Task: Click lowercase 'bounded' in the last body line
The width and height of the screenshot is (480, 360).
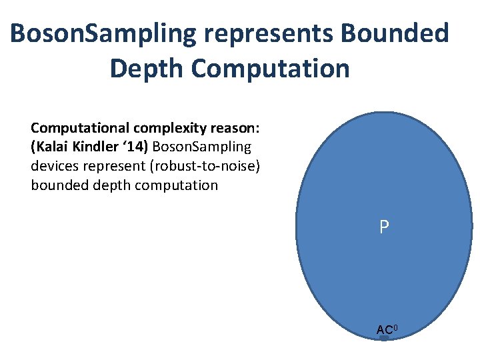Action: pyautogui.click(x=59, y=185)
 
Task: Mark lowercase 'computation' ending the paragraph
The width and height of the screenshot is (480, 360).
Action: pyautogui.click(x=176, y=185)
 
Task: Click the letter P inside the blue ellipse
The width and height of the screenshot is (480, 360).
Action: pyautogui.click(x=384, y=227)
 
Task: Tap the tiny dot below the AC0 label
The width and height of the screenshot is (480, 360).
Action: pyautogui.click(x=384, y=339)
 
